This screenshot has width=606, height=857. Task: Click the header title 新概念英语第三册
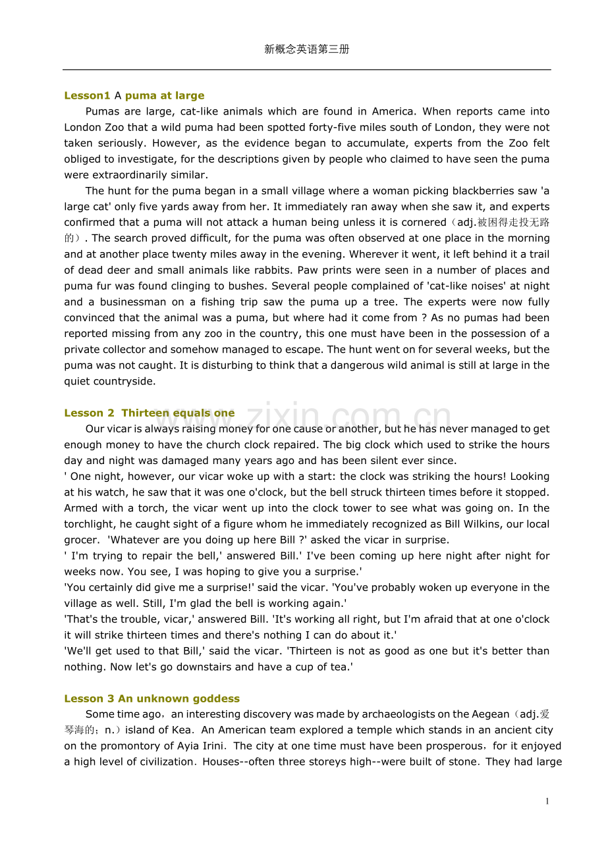[x=306, y=49]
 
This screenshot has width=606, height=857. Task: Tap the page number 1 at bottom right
[x=547, y=801]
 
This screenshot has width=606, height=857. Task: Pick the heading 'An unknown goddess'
[x=179, y=698]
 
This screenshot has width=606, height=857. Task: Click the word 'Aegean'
[x=491, y=714]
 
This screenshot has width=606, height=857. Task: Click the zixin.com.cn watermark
[x=349, y=417]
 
